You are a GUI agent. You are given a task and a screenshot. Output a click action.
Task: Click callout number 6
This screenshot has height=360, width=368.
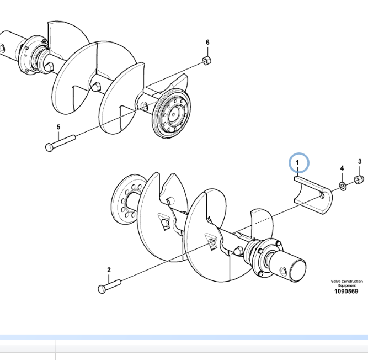207,43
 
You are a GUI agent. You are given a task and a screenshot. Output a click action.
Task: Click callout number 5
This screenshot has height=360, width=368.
58,127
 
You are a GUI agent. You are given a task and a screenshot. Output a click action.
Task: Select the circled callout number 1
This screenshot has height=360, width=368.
297,162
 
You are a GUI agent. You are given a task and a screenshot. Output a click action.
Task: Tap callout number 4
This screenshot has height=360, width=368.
342,168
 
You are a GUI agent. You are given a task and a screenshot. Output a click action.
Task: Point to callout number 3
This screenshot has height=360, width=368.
360,162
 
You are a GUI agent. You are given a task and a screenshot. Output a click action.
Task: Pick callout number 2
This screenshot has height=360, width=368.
109,270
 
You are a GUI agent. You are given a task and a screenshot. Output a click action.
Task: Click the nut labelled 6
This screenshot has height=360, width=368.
207,60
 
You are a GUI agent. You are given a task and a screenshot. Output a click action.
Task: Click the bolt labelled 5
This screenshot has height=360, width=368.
60,143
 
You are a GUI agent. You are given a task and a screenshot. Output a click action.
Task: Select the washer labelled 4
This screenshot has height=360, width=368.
343,186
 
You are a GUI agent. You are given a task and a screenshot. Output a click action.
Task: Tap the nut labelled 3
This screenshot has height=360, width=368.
359,180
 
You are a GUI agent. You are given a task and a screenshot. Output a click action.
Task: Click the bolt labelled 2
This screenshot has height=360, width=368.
109,287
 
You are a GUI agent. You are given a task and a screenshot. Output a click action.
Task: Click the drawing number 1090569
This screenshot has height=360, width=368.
346,292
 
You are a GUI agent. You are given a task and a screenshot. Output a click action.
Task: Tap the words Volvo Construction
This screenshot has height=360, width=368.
346,282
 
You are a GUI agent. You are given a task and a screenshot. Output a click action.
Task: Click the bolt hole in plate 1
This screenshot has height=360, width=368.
322,195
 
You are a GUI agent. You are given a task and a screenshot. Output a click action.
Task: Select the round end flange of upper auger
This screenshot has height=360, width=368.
172,113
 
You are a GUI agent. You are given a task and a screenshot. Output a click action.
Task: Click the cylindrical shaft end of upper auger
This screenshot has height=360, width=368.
10,46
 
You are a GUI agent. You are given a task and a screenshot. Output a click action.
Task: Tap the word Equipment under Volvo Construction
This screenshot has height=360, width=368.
346,285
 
